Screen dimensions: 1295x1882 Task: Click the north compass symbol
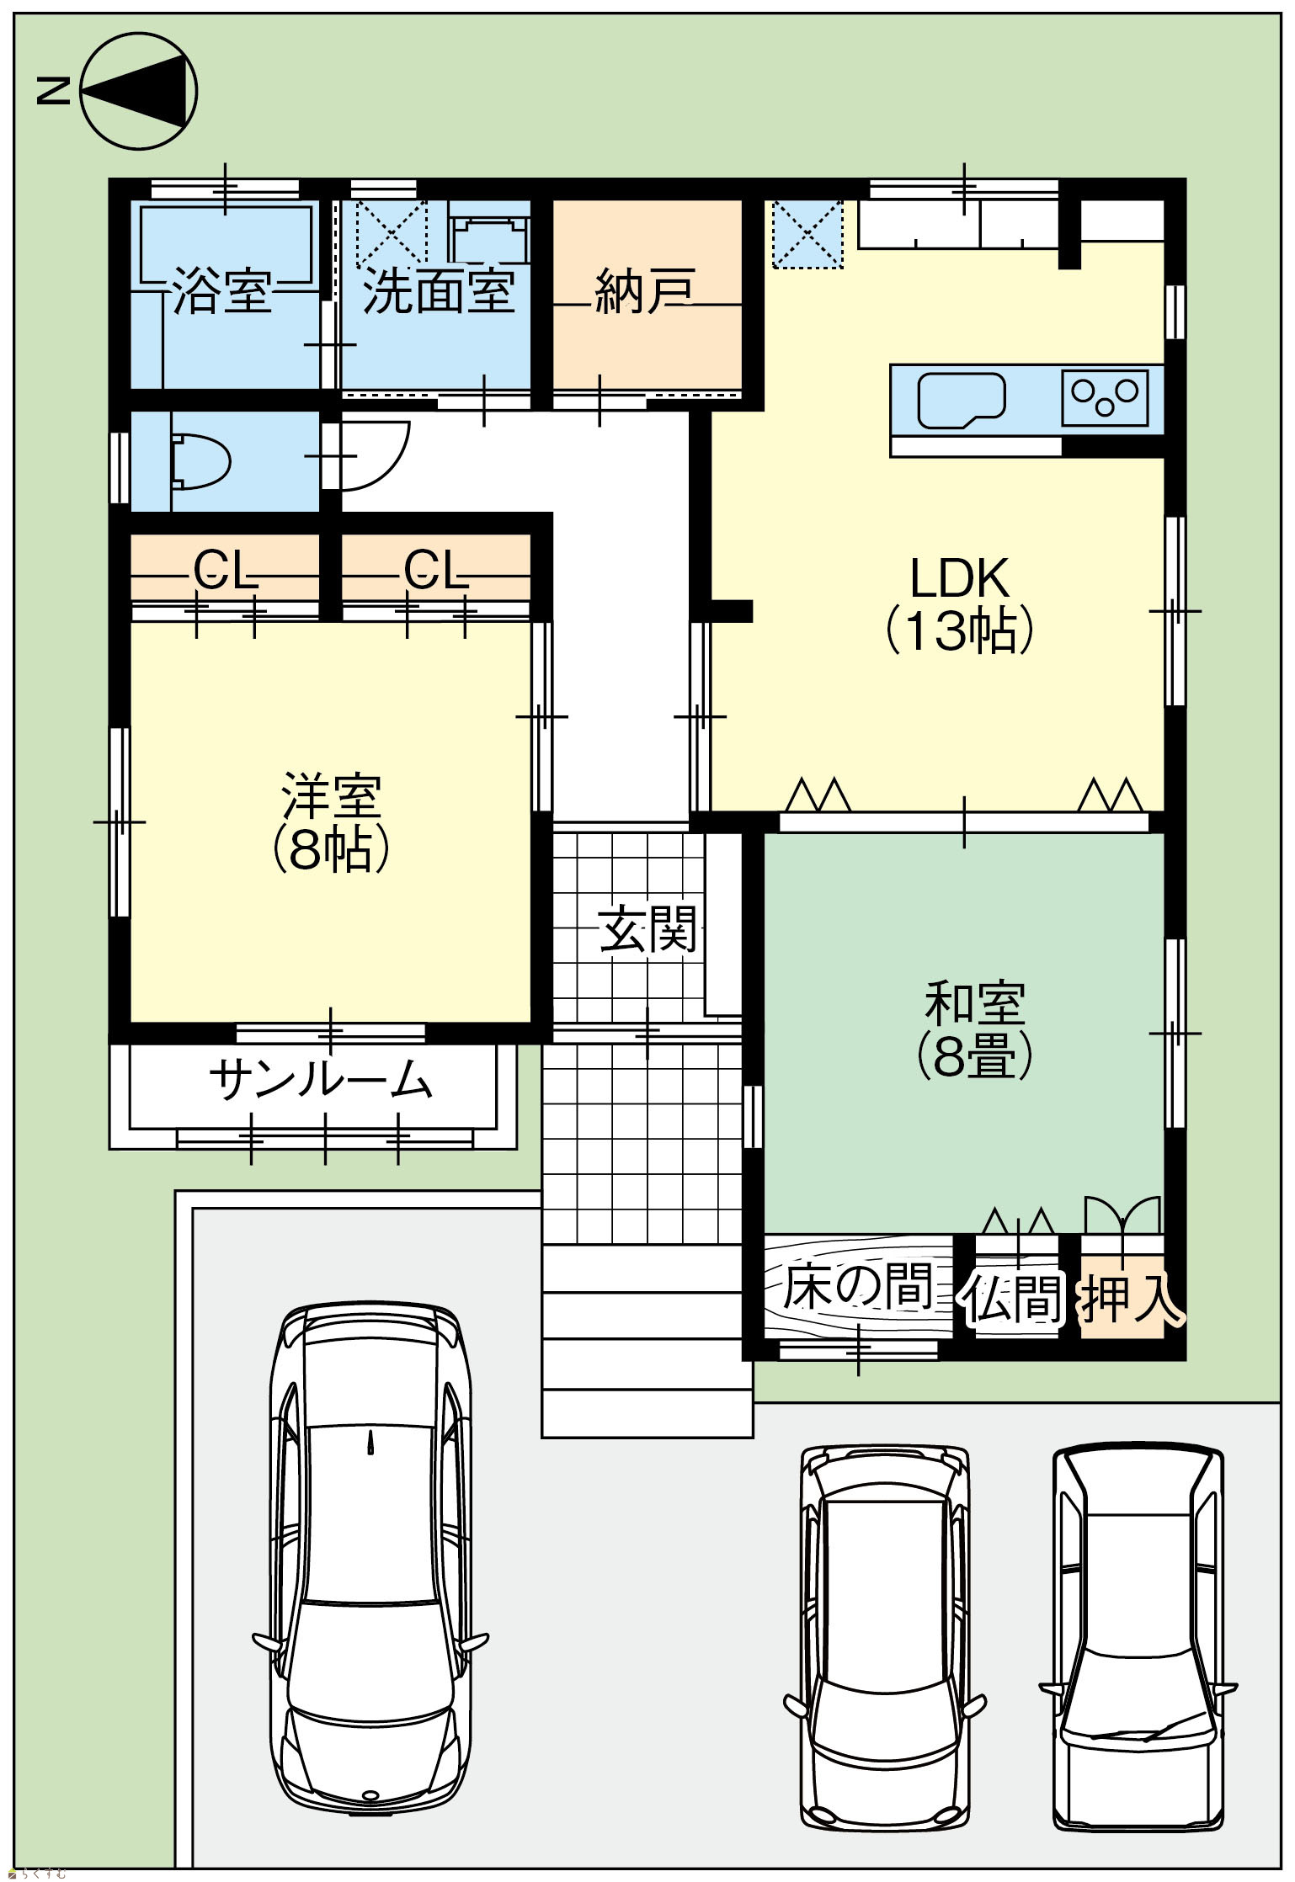click(x=139, y=91)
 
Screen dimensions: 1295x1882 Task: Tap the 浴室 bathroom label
click(x=222, y=291)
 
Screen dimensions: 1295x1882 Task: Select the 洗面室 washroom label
click(x=439, y=291)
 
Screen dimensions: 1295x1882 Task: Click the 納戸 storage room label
click(x=645, y=291)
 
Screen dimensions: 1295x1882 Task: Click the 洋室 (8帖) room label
click(x=330, y=823)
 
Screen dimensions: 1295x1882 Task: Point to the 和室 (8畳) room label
click(x=975, y=1030)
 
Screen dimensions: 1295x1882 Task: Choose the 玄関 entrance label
click(x=648, y=929)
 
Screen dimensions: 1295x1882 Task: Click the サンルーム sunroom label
click(x=320, y=1080)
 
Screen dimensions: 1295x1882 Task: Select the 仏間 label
click(x=1014, y=1297)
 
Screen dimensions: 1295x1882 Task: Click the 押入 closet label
click(x=1132, y=1297)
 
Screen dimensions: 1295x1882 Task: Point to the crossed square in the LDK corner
click(x=807, y=234)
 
